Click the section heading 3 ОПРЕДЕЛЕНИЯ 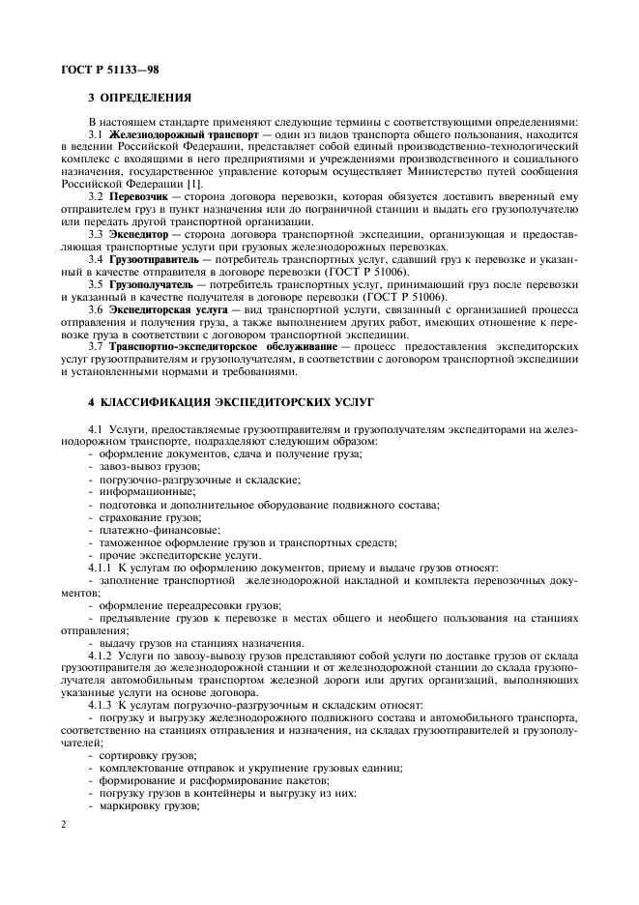(x=139, y=97)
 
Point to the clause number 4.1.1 (x=101, y=569)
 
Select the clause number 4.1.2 (x=101, y=656)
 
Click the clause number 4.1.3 (x=101, y=705)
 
